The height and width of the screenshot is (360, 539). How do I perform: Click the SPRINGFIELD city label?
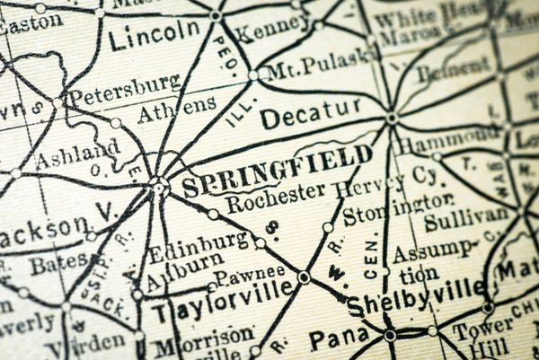tap(276, 171)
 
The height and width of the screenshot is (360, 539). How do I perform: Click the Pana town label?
tap(339, 338)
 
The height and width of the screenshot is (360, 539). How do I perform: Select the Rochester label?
tap(276, 201)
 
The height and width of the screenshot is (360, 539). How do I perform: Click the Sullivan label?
tap(465, 217)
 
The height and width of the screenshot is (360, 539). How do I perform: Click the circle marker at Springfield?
tap(159, 186)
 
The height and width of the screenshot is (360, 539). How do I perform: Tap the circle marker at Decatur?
tap(391, 118)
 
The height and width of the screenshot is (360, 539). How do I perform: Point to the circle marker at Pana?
tap(390, 335)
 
